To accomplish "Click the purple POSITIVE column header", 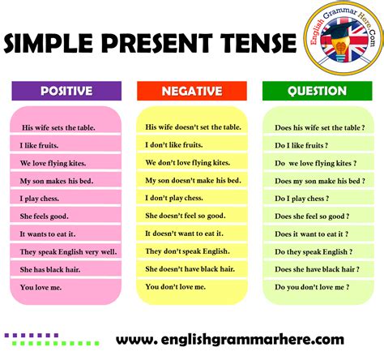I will (66, 91).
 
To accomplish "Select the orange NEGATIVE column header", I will (192, 91).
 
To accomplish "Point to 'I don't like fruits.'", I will (174, 145).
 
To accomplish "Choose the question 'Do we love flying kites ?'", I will (315, 163).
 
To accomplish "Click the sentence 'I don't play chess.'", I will (173, 198).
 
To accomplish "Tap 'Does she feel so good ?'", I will (313, 216).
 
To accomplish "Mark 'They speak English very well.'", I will (68, 251).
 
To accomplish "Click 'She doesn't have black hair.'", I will (190, 268).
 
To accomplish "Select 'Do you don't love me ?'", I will (311, 286).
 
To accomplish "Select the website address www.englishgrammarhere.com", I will (230, 339).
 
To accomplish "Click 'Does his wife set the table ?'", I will (318, 127).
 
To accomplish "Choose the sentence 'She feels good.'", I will (45, 216).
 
